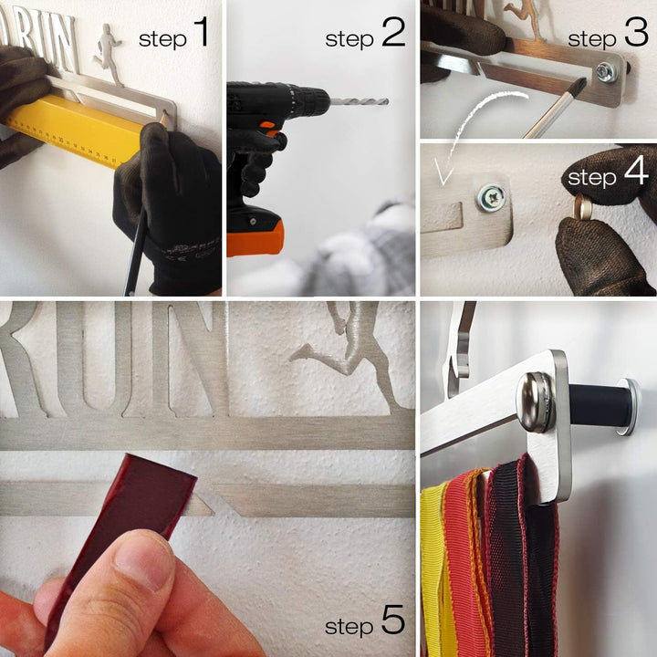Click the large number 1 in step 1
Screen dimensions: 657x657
point(202,31)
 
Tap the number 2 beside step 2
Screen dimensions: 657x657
point(393,31)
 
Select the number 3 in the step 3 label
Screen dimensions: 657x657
point(636,31)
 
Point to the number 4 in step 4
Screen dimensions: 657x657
point(637,171)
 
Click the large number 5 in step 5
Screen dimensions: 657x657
point(393,620)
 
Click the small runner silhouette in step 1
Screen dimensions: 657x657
point(108,54)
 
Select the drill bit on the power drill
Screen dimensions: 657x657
point(360,101)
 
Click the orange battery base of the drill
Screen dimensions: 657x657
point(255,238)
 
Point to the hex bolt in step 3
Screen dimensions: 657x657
point(607,72)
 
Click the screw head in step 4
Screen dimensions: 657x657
point(491,197)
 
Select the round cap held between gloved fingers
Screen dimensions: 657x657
point(584,207)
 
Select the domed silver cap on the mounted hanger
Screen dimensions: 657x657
point(536,402)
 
